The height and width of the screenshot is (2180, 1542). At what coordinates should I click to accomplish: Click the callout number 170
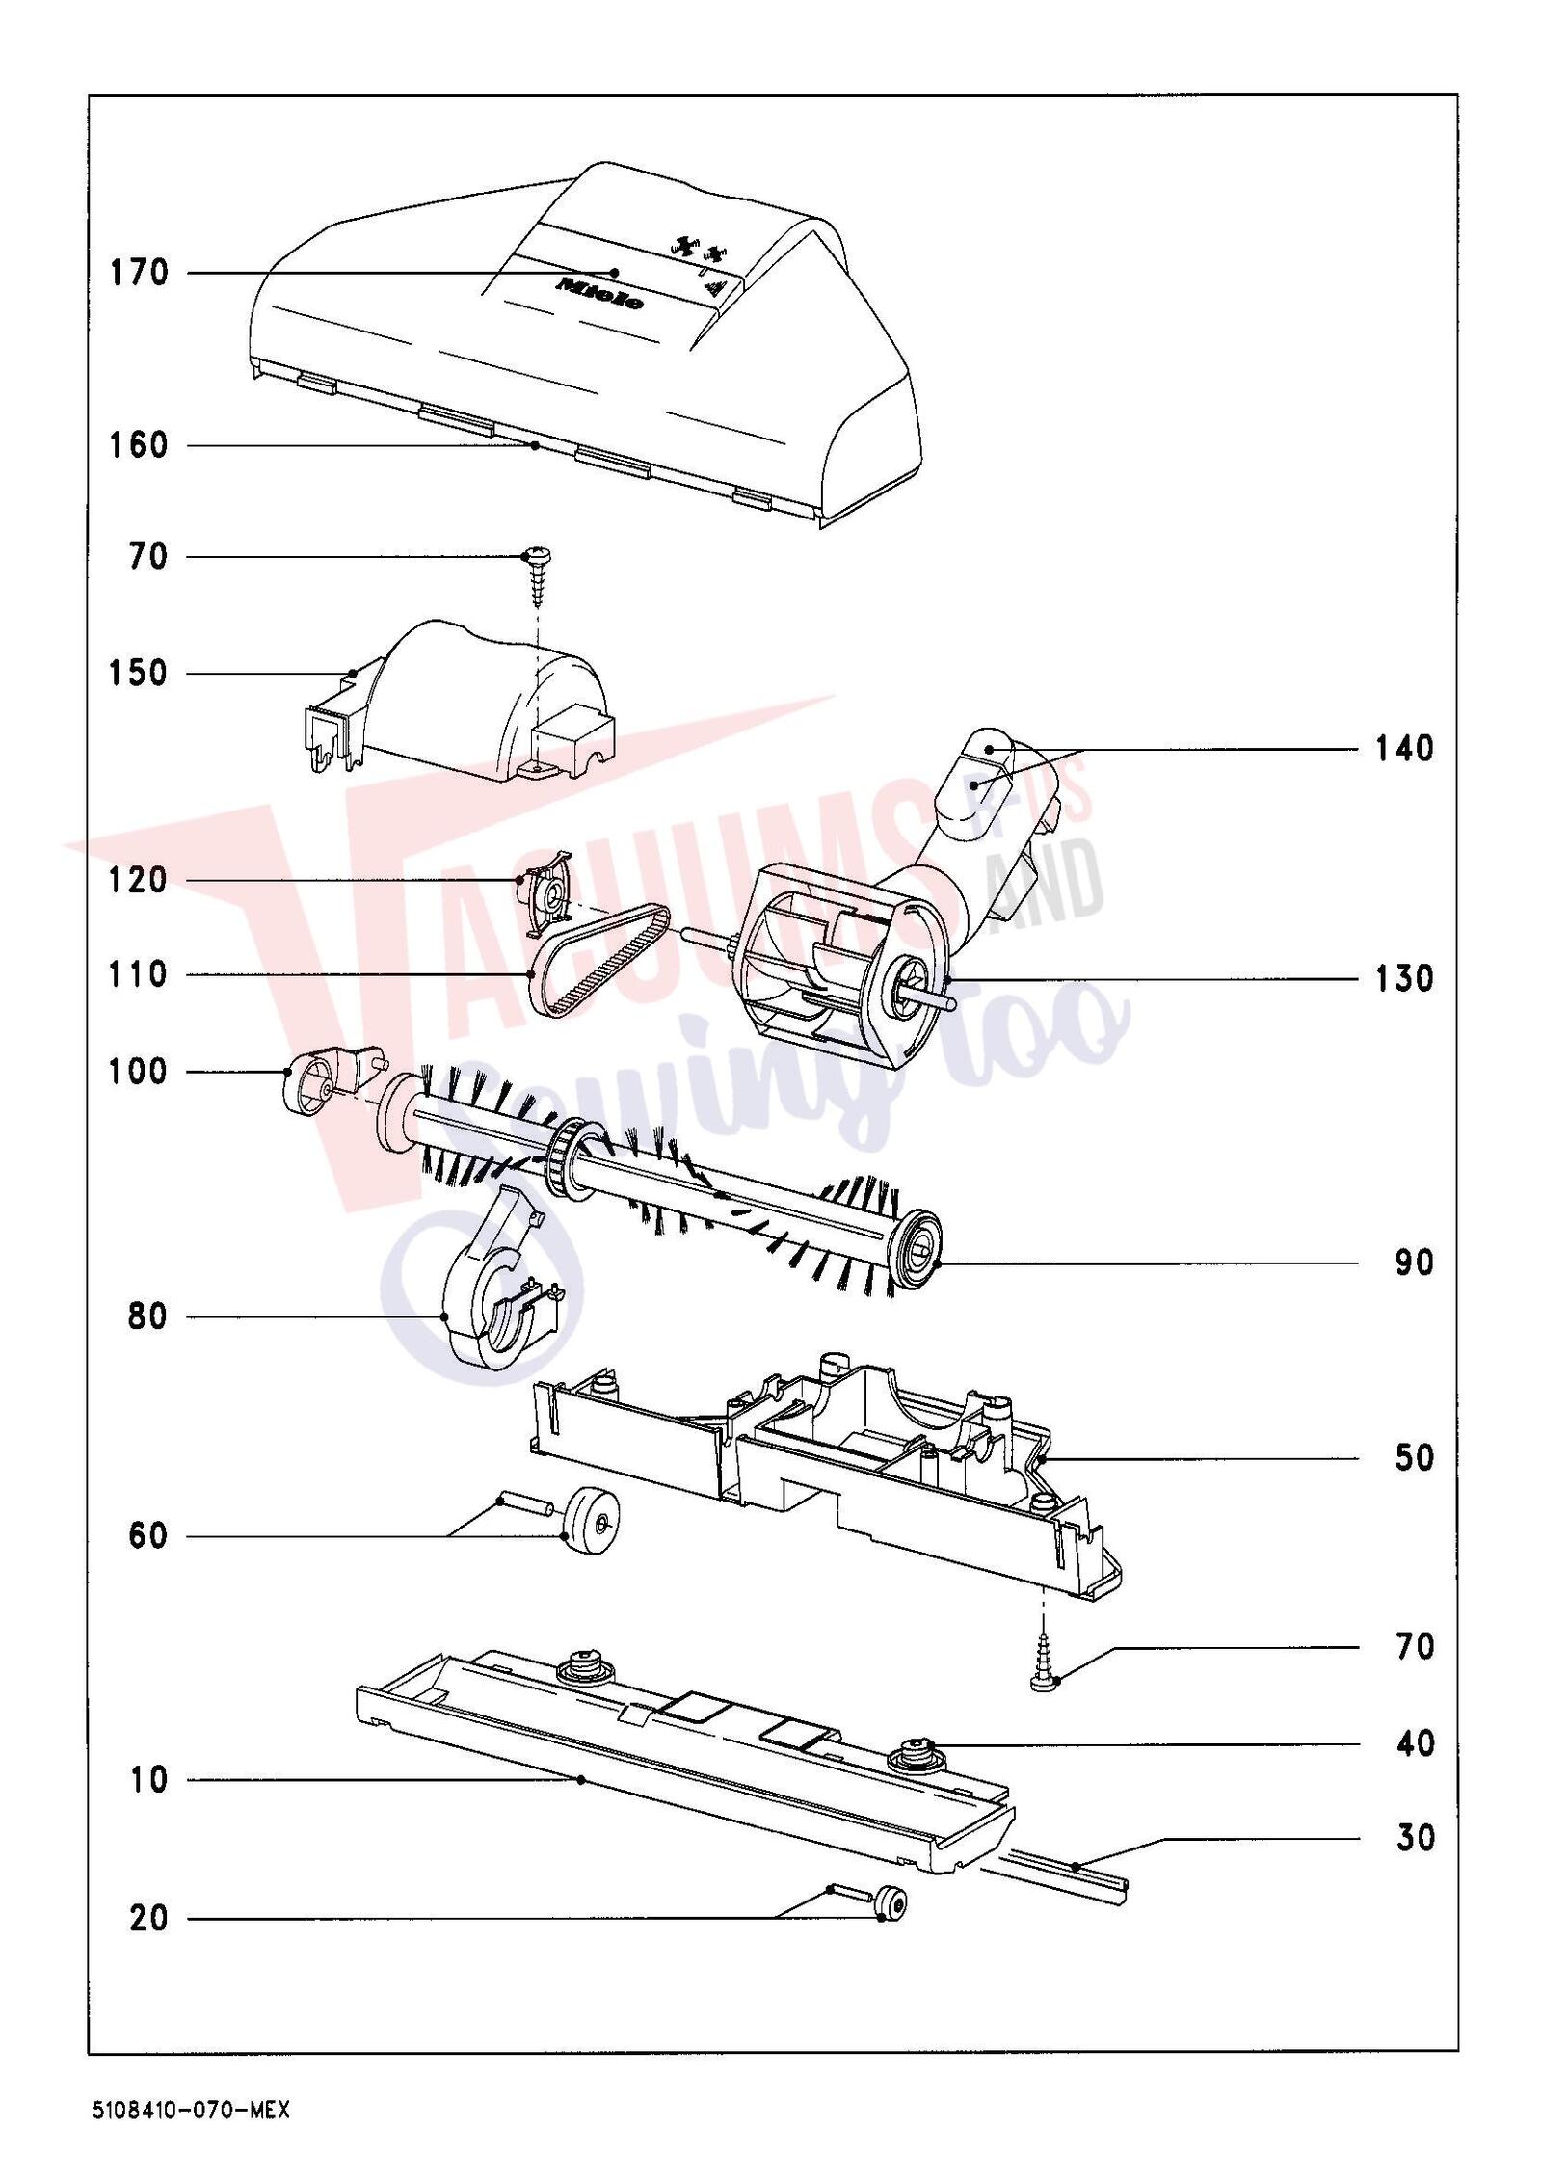click(x=139, y=273)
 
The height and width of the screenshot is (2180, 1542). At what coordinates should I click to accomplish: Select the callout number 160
click(x=139, y=445)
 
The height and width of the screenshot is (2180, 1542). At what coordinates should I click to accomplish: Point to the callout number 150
click(x=139, y=673)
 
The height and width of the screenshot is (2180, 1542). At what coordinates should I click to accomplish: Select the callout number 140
click(x=1403, y=748)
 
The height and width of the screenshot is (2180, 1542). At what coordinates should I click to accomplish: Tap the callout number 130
click(x=1403, y=978)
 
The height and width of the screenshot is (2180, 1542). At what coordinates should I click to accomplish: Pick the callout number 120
click(x=139, y=880)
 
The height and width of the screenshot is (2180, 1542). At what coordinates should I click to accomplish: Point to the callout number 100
click(x=139, y=1071)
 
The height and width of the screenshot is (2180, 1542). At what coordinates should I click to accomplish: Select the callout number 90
click(x=1414, y=1263)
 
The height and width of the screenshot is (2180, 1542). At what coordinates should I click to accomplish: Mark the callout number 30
click(x=1414, y=1838)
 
